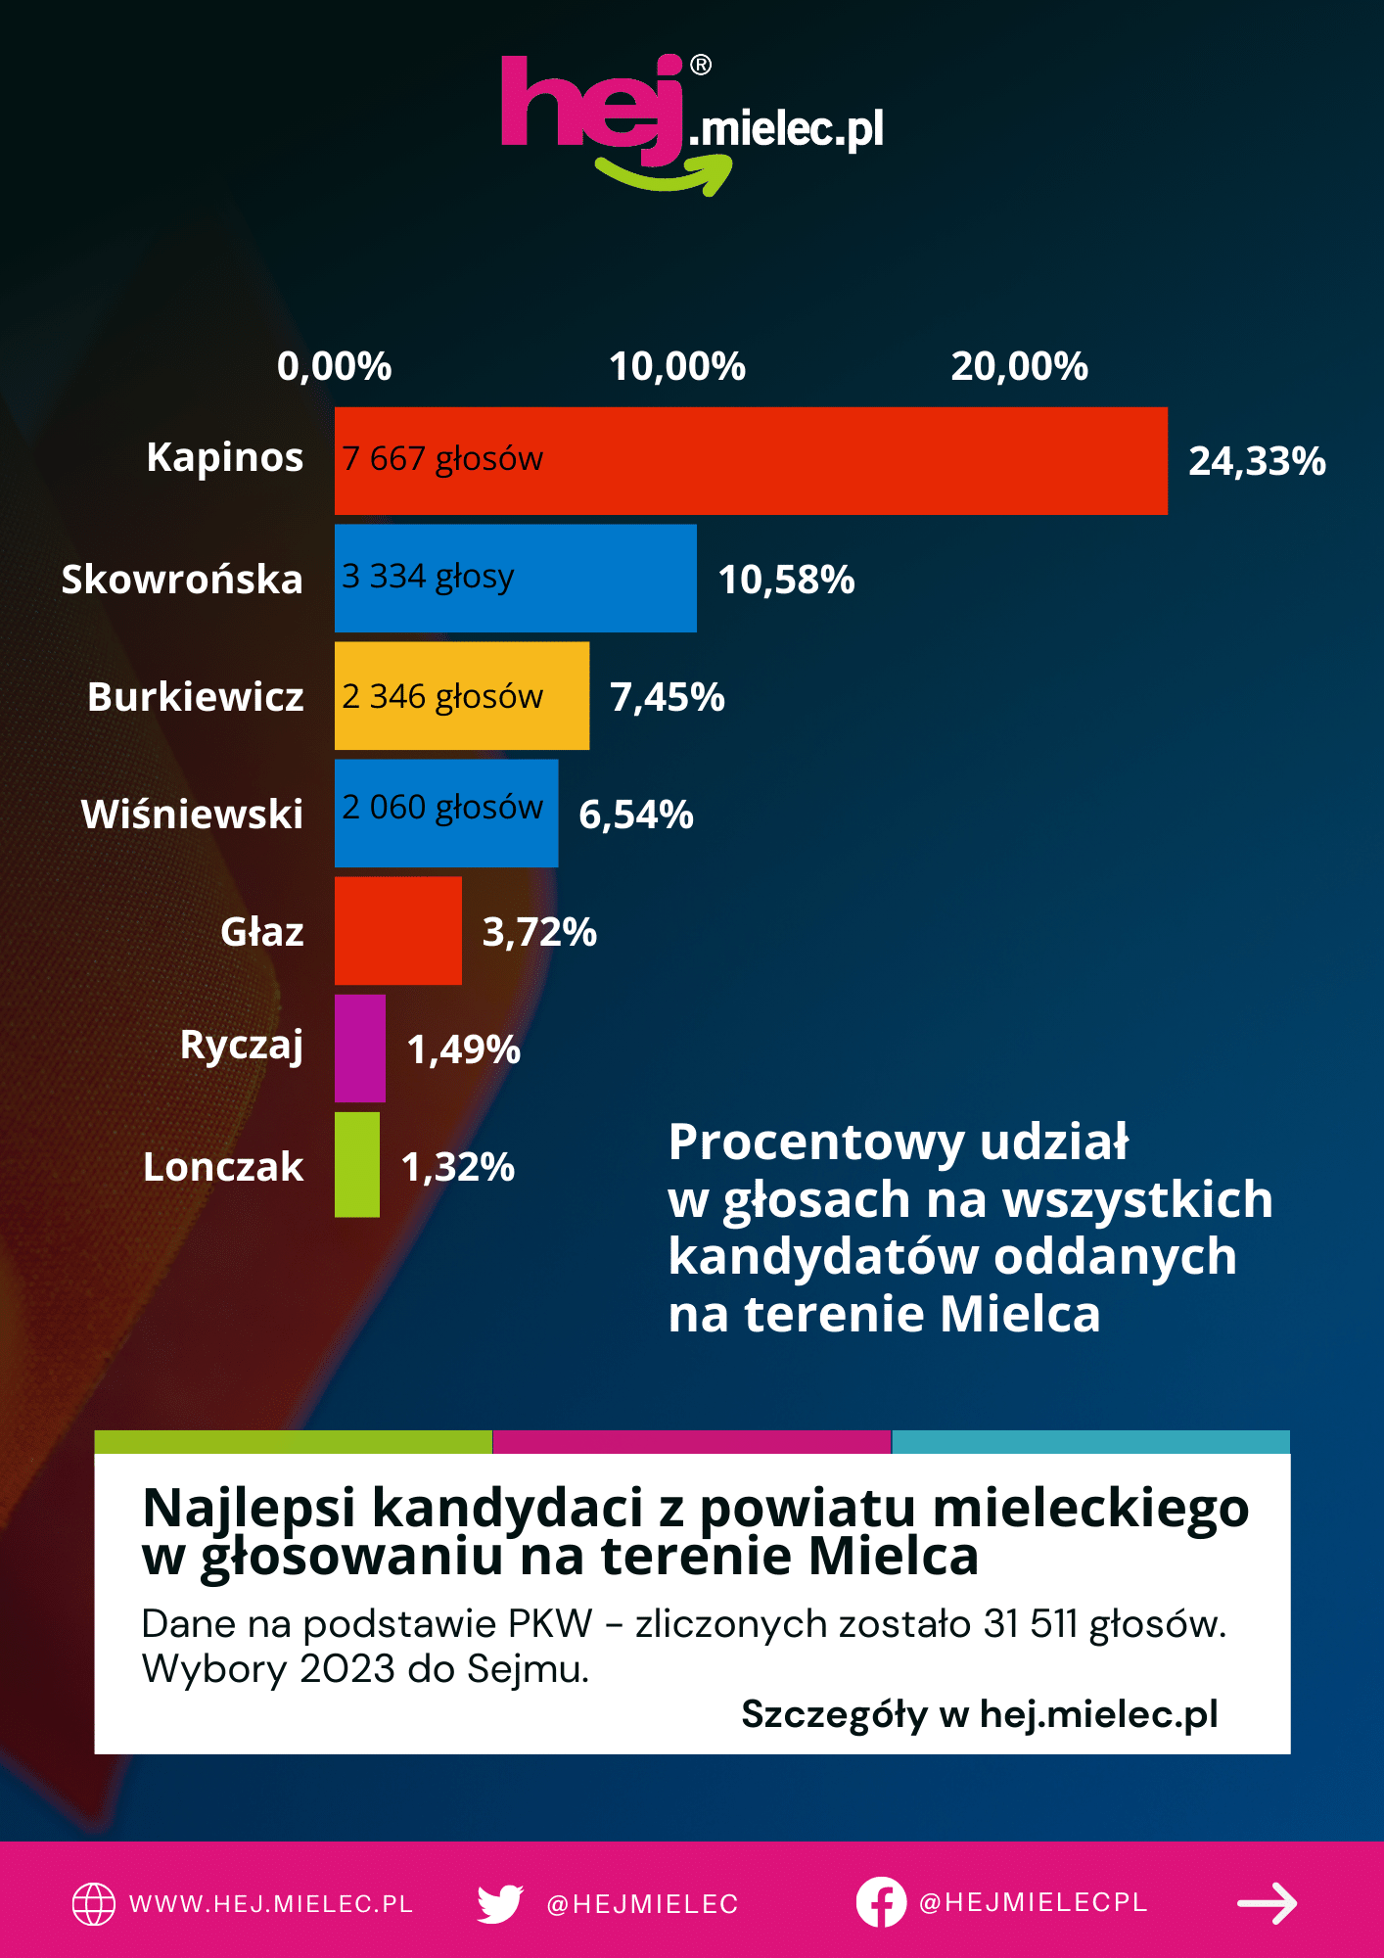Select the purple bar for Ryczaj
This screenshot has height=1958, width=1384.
tap(359, 1049)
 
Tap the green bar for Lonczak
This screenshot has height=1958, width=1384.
tap(356, 1165)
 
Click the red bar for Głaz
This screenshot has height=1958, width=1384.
tap(397, 931)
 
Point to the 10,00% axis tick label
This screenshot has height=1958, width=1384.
tap(677, 367)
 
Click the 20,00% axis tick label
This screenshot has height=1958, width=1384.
tap(1019, 367)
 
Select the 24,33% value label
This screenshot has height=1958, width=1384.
tap(1257, 461)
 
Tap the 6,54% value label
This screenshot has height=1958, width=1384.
tap(636, 815)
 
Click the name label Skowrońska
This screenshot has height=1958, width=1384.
tap(182, 580)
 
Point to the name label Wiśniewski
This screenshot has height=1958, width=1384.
tap(192, 815)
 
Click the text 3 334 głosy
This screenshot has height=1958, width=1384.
tap(428, 577)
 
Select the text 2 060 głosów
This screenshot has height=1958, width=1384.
tap(442, 808)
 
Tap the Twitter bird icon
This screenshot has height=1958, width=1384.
tap(500, 1903)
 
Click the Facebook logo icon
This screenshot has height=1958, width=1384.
tap(881, 1902)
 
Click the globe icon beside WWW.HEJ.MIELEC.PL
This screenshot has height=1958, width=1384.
tap(94, 1904)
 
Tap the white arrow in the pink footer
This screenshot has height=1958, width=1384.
tap(1267, 1903)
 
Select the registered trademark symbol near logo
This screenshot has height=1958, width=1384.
tap(701, 66)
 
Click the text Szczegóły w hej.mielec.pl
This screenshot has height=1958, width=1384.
tap(979, 1714)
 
